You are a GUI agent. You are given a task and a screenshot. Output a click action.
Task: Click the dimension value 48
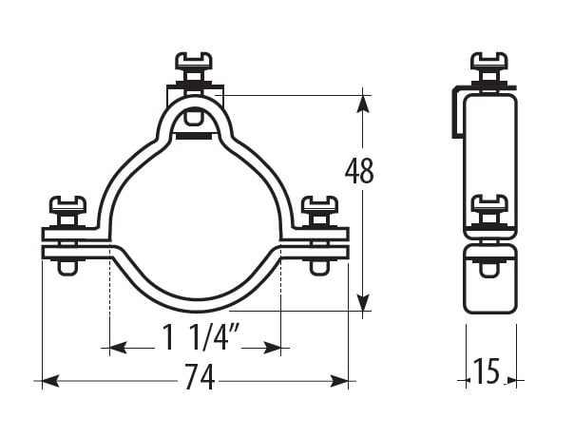click(x=359, y=171)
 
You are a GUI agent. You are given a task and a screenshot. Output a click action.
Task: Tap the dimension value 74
click(x=200, y=376)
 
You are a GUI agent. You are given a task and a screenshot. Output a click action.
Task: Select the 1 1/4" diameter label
click(x=201, y=336)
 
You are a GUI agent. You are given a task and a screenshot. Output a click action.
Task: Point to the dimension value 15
click(x=487, y=371)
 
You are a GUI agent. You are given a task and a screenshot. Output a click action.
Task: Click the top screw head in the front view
click(x=194, y=61)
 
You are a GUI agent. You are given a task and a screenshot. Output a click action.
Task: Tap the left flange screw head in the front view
click(x=67, y=204)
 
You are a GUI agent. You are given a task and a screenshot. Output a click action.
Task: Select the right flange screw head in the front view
click(x=319, y=204)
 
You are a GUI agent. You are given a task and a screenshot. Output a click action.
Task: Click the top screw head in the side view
click(x=489, y=61)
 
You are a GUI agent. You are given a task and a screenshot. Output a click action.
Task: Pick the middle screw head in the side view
click(x=489, y=203)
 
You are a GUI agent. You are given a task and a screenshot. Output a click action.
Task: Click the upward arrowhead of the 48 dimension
click(x=363, y=104)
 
